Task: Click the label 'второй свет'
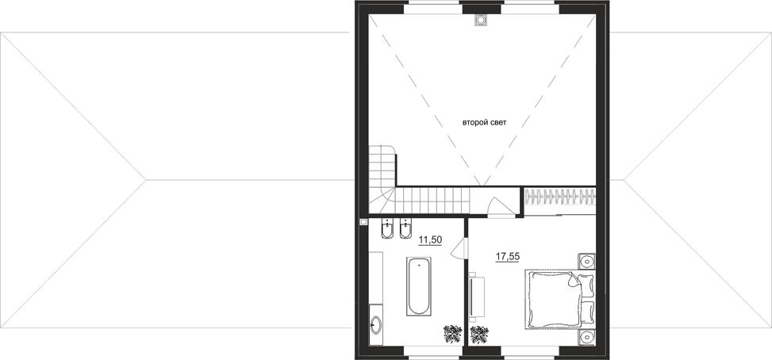coord(484,122)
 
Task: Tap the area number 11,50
coord(430,240)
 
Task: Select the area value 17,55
coord(508,256)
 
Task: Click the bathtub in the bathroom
coord(419,285)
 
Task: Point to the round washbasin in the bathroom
coord(375,325)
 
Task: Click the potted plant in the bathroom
coord(452,334)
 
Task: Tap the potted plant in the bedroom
coord(479,335)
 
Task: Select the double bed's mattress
coord(552,298)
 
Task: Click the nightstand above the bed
coord(586,261)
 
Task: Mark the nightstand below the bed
coord(586,337)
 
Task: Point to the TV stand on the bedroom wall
coord(477,297)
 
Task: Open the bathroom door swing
coord(459,247)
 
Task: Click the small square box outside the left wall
coord(364,222)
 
